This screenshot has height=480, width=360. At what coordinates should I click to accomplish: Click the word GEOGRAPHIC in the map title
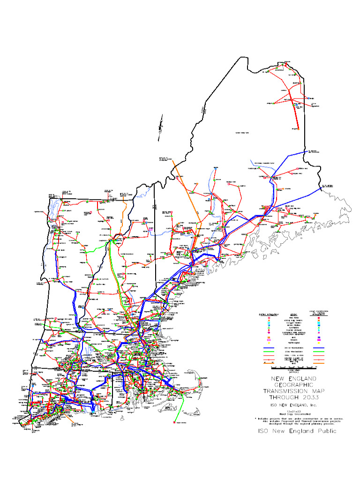[x=296, y=384]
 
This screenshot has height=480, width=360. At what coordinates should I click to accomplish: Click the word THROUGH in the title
[x=285, y=397]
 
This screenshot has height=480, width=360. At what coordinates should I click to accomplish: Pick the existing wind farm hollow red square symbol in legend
[x=269, y=318]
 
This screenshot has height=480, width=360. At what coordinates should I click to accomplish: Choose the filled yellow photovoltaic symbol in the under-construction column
[x=319, y=343]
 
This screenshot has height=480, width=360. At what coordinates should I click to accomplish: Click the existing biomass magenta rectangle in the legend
[x=269, y=339]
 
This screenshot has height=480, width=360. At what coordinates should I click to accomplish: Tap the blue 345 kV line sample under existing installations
[x=269, y=348]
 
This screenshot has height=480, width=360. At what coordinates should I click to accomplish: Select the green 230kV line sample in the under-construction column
[x=319, y=352]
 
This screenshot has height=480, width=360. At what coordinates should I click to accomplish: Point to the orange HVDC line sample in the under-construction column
[x=319, y=363]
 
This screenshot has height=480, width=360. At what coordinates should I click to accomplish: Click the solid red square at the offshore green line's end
[x=174, y=422]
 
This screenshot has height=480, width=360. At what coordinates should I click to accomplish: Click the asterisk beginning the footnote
[x=256, y=418]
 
